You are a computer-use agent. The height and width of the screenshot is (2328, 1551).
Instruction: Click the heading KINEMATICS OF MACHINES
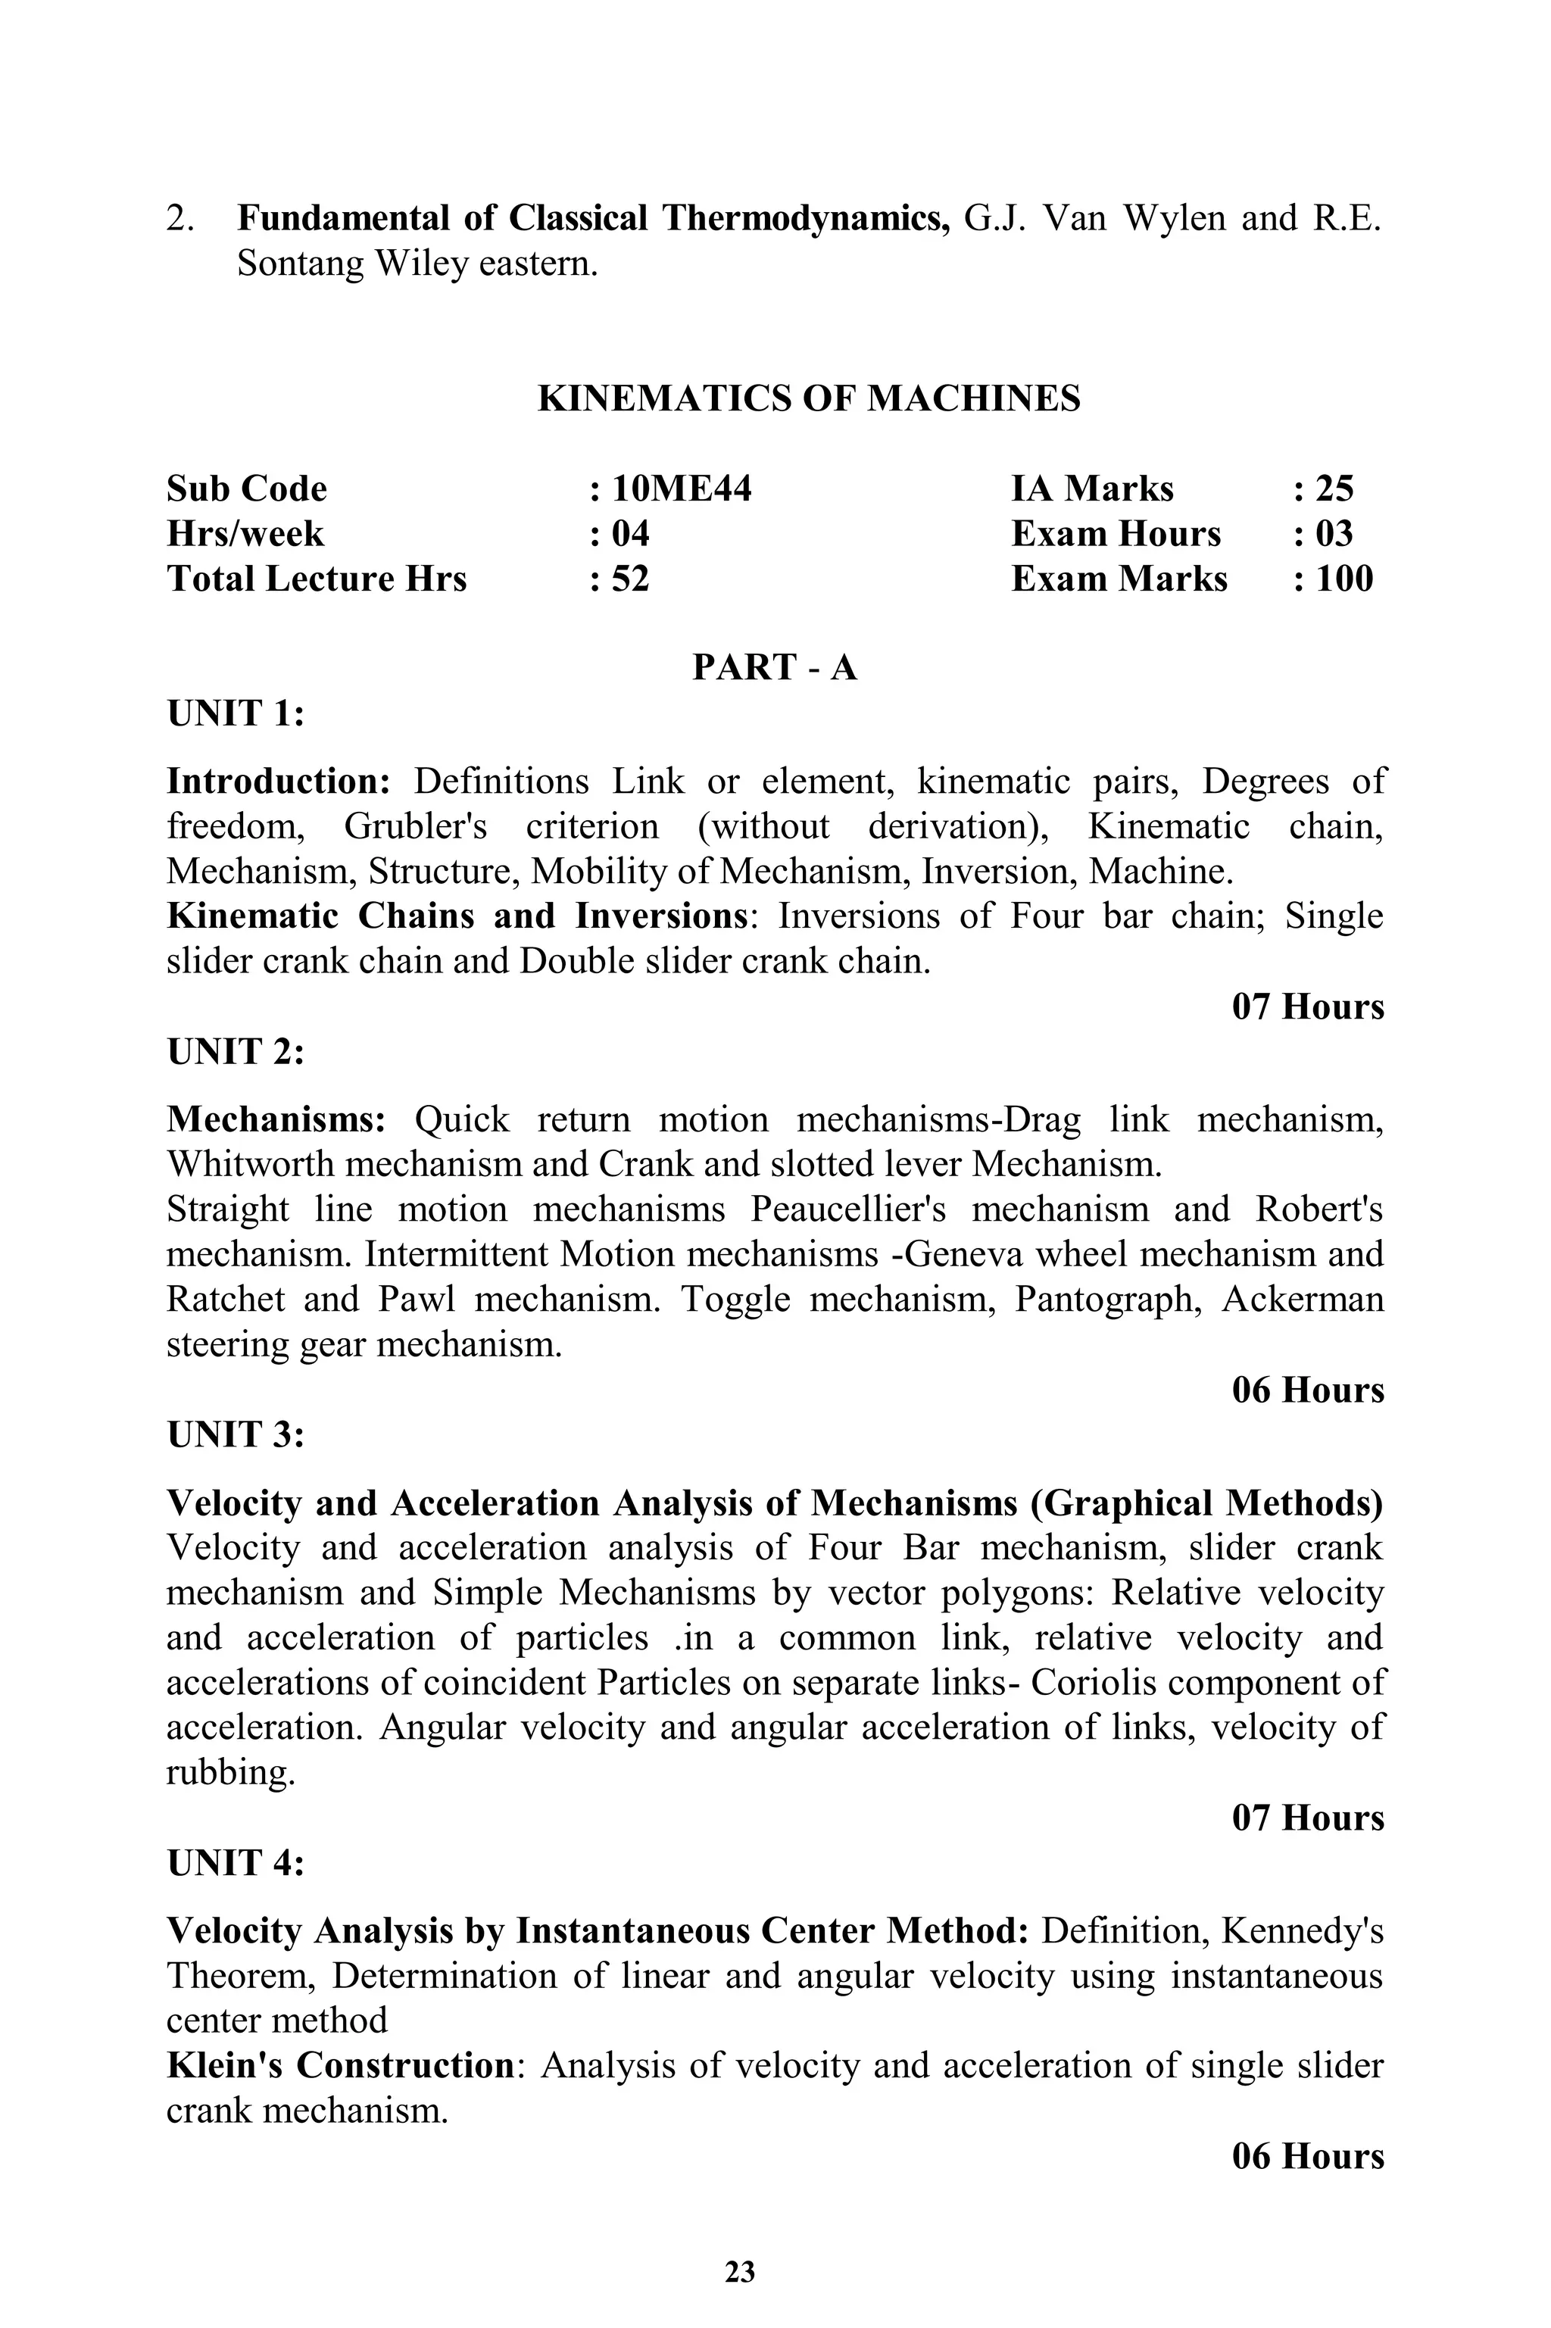click(808, 398)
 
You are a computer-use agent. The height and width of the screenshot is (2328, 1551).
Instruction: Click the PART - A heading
click(775, 667)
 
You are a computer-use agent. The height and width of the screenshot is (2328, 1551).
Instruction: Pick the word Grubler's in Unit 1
click(416, 825)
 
